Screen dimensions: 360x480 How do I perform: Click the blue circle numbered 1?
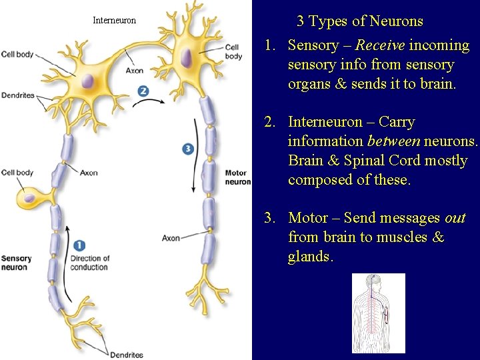[x=80, y=246]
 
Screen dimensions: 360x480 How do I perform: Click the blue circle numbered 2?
[x=143, y=91]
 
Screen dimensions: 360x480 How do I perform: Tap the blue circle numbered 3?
[x=188, y=149]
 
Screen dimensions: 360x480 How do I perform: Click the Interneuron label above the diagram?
[x=114, y=21]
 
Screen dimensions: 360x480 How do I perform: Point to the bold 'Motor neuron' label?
[x=237, y=177]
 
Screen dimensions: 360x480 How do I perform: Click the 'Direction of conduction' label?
[x=89, y=263]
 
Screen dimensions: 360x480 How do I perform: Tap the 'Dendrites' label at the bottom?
[x=126, y=355]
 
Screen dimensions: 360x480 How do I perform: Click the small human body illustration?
[x=378, y=313]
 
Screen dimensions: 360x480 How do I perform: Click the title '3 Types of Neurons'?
[x=359, y=21]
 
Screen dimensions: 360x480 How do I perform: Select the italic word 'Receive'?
[x=380, y=45]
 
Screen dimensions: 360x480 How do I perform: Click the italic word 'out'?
[x=455, y=218]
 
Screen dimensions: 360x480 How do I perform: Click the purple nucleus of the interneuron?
[x=87, y=81]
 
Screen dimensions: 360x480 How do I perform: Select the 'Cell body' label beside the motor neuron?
[x=233, y=52]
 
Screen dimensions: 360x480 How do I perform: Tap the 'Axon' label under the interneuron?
[x=134, y=71]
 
